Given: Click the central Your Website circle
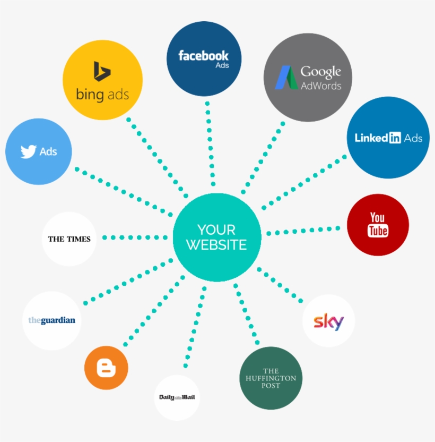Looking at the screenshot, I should point(216,237).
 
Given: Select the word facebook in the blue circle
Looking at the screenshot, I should point(203,55).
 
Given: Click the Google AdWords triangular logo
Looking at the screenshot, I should point(286,77).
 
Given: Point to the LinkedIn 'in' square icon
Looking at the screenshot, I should point(395,138).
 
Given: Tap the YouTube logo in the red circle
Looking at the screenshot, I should point(378,224).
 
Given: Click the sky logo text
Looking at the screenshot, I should point(328,321).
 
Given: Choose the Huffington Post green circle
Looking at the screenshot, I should point(271,378).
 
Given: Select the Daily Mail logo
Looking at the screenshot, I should point(177,397).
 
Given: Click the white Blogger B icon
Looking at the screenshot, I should point(106,368).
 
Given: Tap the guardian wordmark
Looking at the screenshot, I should point(51,320).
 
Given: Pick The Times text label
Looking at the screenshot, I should point(69,239).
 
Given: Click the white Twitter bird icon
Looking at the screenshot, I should point(29,152).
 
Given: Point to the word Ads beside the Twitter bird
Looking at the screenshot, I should point(48,152).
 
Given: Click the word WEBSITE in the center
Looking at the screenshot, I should point(216,245).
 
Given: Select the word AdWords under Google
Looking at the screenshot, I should point(321,86).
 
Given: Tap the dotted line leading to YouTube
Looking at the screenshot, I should point(303,231).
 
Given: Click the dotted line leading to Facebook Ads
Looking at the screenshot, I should point(211,143).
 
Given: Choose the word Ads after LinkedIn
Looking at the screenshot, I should point(413,138).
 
